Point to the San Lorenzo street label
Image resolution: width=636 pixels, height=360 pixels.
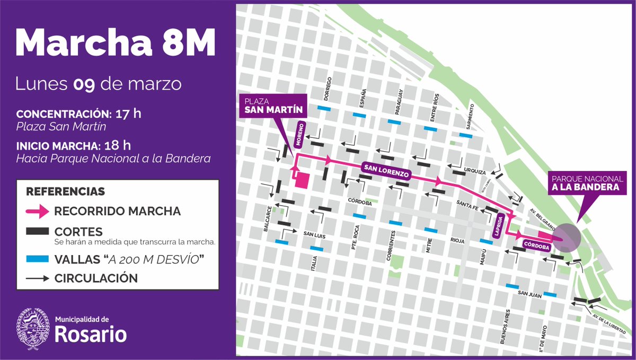386,170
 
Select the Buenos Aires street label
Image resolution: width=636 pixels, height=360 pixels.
507,326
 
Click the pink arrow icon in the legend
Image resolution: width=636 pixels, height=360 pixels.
37,211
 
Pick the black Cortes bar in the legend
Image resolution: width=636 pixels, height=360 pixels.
37,232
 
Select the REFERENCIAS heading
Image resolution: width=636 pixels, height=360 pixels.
66,191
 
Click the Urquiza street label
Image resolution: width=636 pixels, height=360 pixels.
474,171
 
